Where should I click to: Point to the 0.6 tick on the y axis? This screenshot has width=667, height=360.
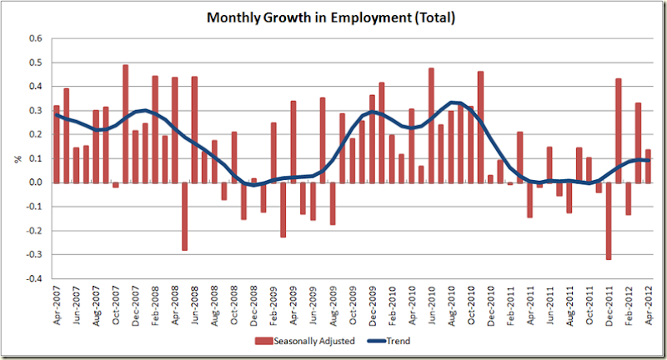click(x=35, y=38)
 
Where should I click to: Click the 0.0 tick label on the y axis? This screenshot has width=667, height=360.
click(x=35, y=182)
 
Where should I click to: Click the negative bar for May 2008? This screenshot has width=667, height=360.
click(x=184, y=216)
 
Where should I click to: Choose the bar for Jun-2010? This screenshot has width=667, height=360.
click(x=431, y=125)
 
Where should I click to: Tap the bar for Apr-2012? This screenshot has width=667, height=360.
click(x=648, y=166)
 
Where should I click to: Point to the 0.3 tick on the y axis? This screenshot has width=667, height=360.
click(x=35, y=110)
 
